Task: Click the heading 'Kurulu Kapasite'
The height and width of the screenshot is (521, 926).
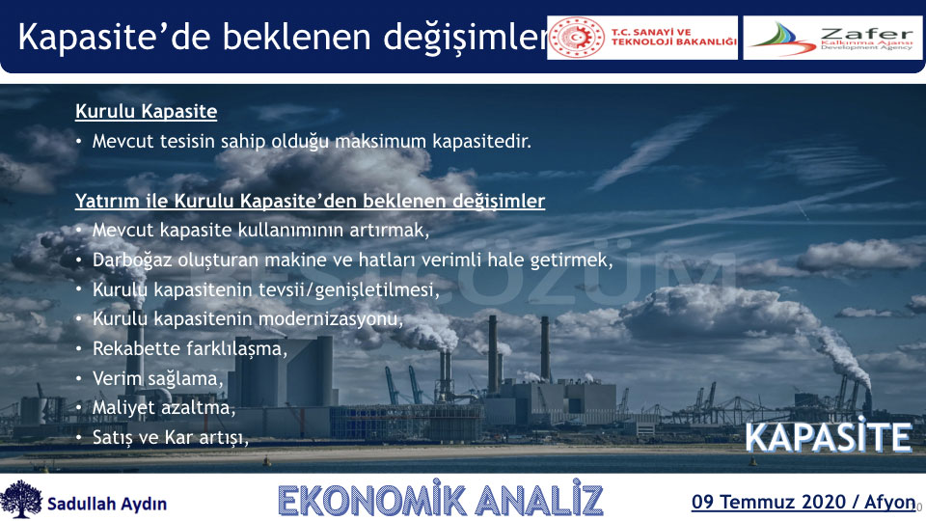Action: pyautogui.click(x=146, y=111)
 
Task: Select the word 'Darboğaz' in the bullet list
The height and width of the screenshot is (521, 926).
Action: pyautogui.click(x=132, y=260)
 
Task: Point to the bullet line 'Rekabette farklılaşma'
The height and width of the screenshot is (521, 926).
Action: pyautogui.click(x=190, y=348)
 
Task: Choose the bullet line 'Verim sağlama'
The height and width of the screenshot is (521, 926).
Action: pyautogui.click(x=157, y=378)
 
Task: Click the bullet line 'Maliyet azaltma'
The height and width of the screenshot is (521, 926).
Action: pyautogui.click(x=164, y=407)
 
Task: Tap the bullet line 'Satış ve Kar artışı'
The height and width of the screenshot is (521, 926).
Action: pyautogui.click(x=170, y=438)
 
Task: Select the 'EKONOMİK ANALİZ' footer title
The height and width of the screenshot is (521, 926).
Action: pyautogui.click(x=441, y=500)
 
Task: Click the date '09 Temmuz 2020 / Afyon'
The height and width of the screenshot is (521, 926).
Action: pyautogui.click(x=803, y=502)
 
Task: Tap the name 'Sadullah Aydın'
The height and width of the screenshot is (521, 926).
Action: pyautogui.click(x=107, y=504)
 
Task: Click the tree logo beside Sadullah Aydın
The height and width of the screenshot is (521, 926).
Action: pyautogui.click(x=21, y=499)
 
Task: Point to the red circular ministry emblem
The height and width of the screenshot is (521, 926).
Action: pyautogui.click(x=577, y=38)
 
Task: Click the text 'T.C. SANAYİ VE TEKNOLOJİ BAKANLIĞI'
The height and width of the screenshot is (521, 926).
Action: pyautogui.click(x=674, y=38)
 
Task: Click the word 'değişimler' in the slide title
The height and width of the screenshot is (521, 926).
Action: pyautogui.click(x=466, y=38)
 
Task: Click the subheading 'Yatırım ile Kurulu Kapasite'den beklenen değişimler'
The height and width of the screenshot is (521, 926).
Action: pyautogui.click(x=310, y=201)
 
